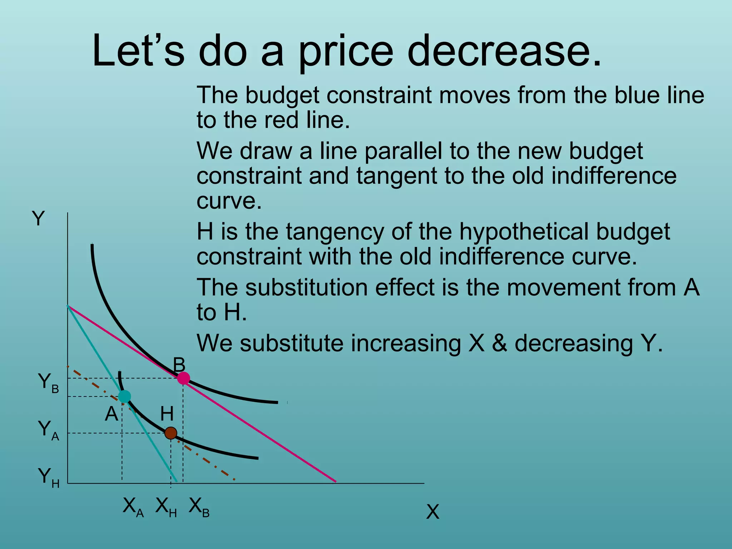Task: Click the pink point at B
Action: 183,378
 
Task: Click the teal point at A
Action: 124,396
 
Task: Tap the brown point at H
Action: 171,433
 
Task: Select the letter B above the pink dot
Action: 179,365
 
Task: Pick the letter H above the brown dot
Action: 167,414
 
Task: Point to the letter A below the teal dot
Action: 112,414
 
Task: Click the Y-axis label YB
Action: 48,383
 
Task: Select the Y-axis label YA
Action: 48,430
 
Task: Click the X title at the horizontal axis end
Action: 432,512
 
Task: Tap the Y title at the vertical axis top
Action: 38,218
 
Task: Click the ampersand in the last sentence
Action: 499,343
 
